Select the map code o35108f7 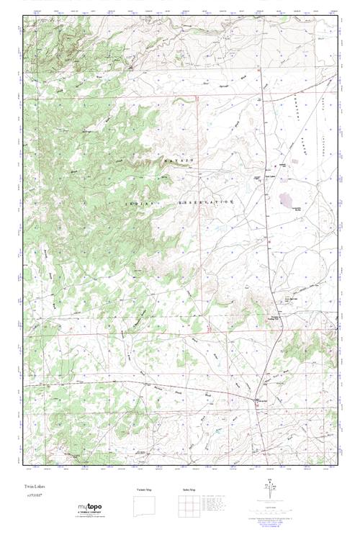[x=35, y=497]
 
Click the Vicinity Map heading [x=145, y=490]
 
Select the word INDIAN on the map [x=137, y=204]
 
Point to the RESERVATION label [x=207, y=203]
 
